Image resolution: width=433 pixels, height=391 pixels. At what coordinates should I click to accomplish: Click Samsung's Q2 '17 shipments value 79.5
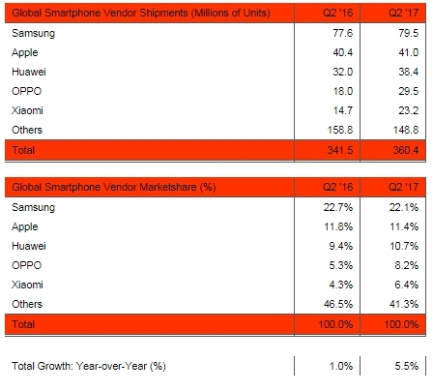tap(408, 33)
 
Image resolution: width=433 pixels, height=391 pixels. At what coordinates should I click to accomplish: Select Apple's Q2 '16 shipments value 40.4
tap(343, 52)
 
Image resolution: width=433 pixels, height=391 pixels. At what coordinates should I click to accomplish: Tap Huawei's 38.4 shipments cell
tap(408, 72)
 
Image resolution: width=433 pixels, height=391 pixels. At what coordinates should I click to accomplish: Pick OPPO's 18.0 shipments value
tap(343, 91)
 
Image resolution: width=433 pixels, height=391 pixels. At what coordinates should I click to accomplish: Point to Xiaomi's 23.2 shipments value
tap(408, 110)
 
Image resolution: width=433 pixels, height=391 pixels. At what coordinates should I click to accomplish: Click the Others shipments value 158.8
tap(340, 130)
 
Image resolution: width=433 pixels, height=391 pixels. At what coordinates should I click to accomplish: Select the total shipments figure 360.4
tap(406, 150)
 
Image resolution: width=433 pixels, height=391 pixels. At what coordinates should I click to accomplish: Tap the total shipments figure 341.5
tap(340, 150)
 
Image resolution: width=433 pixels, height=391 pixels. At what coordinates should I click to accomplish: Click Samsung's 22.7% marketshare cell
tap(338, 207)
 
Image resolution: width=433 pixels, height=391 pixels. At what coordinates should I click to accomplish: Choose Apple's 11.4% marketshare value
tap(404, 226)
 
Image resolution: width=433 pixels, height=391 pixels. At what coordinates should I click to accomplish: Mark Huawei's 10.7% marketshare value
tap(404, 246)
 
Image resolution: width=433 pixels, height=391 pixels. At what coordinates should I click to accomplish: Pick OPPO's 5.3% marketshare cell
tap(341, 265)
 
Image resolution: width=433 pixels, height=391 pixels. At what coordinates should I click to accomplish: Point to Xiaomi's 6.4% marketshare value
tap(406, 285)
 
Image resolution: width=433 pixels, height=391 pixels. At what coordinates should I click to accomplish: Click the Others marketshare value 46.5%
tap(338, 304)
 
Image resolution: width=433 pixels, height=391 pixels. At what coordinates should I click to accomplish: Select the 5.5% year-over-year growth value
tap(407, 366)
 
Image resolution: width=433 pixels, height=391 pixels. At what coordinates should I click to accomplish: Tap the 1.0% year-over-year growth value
tap(341, 366)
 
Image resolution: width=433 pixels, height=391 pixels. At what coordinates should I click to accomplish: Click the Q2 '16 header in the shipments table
tap(338, 13)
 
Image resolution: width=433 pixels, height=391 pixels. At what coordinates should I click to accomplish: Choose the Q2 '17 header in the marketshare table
tap(403, 187)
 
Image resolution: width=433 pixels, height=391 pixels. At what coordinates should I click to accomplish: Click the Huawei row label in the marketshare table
tap(29, 246)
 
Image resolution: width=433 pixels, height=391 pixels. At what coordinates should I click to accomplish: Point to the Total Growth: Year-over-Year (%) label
tap(89, 366)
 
